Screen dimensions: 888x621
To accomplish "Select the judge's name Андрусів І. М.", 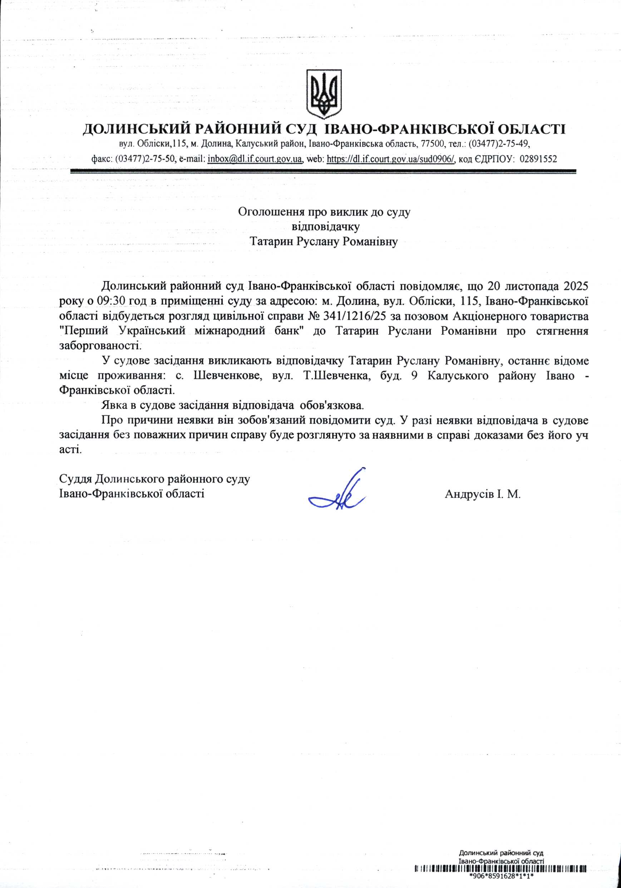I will (x=482, y=494).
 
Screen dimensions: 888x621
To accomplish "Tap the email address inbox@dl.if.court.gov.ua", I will (x=255, y=159).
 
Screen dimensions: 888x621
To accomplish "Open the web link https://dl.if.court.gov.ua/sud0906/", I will (x=391, y=159).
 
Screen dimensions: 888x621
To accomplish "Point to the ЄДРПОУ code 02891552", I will (x=539, y=159).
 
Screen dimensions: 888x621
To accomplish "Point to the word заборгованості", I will (x=100, y=346).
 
